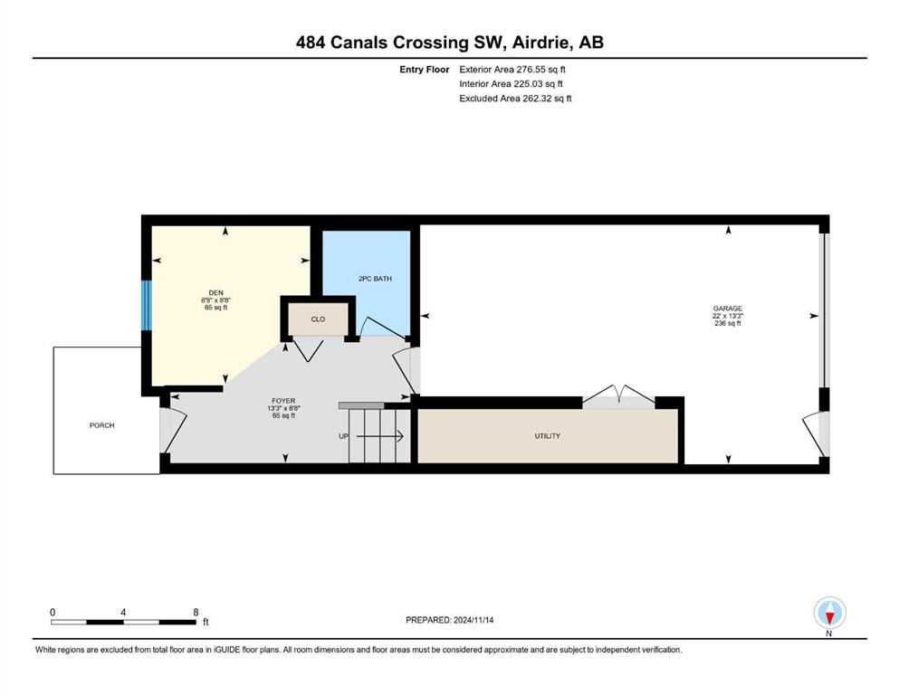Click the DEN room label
coord(216,293)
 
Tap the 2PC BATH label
coord(375,279)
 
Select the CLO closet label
coord(318,319)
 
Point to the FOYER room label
coord(283,401)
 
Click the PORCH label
coord(102,425)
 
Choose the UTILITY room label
coord(548,436)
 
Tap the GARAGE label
coord(728,309)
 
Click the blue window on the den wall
coord(147,305)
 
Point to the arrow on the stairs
coord(380,436)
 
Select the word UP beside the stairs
coord(343,436)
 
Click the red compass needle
coord(829,618)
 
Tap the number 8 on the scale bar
coord(196,612)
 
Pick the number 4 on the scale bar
coord(123,612)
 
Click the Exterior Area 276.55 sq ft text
coord(512,70)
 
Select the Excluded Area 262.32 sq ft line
coord(515,98)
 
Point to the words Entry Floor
coord(425,70)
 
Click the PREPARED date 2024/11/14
coord(473,620)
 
